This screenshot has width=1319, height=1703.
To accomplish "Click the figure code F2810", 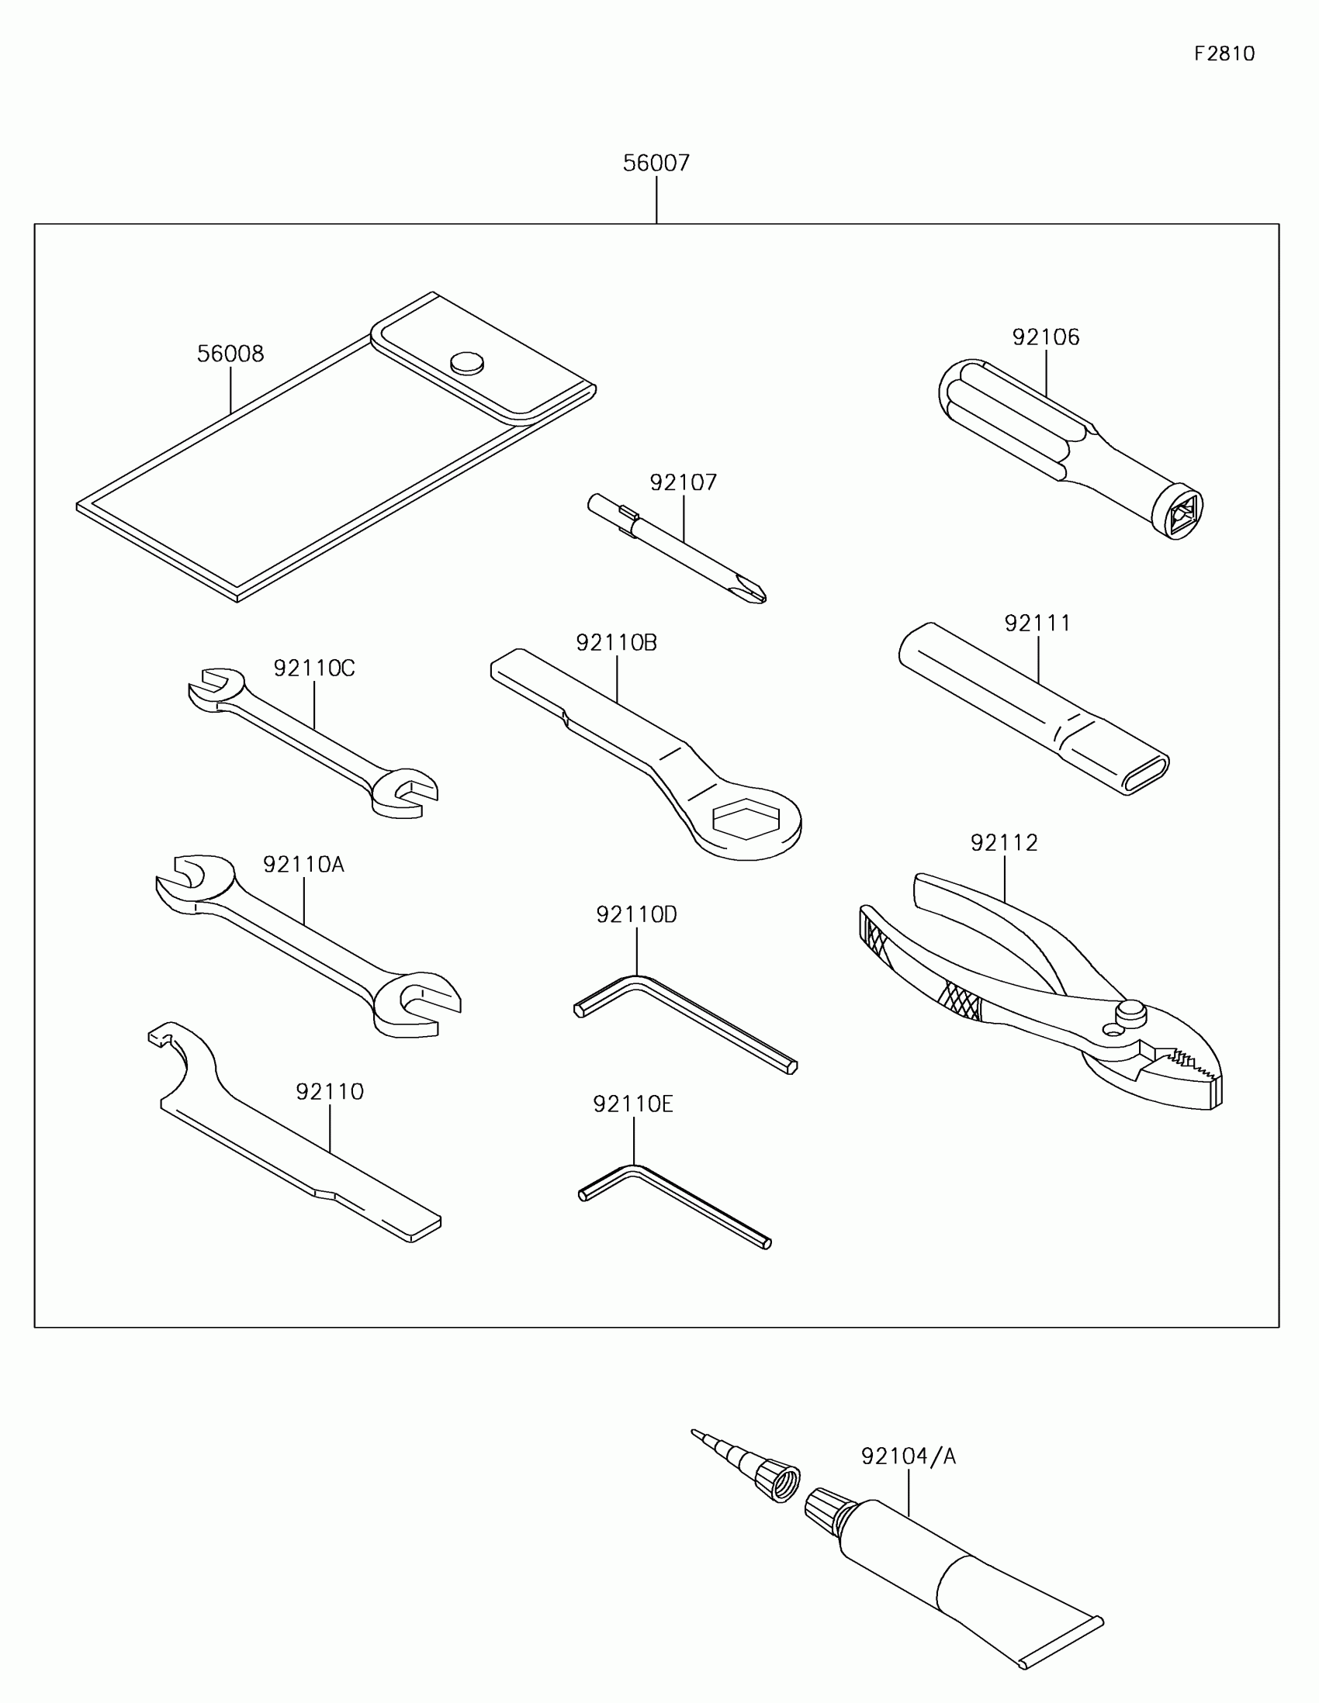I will point(1224,54).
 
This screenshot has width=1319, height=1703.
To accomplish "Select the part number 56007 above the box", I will point(656,163).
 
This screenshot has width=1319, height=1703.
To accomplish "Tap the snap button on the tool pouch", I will point(467,363).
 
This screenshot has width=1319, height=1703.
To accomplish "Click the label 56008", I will point(230,354).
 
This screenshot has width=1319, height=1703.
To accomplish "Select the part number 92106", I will point(1045,337).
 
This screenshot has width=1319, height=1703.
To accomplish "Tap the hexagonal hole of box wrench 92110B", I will point(746,820).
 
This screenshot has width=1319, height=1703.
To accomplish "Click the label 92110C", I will point(313,668).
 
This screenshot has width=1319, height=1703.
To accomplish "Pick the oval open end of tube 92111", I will point(1145,774).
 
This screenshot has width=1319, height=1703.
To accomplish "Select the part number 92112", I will point(1004,843).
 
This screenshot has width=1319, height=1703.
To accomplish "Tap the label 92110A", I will point(303,865).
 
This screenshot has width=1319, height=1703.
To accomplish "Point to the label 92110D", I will point(636,914).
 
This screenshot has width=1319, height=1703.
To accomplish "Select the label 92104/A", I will point(908,1456).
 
